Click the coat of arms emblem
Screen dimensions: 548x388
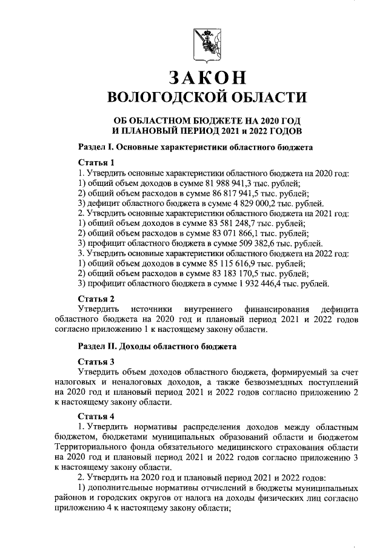click(204, 46)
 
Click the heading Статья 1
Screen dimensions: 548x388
click(96, 163)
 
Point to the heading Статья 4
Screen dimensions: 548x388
click(96, 417)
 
